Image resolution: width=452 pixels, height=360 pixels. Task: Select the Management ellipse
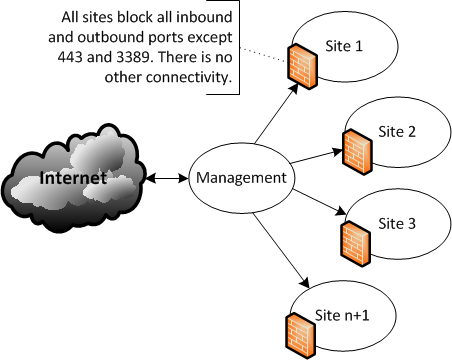[239, 180]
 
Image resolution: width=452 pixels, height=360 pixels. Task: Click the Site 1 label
[346, 47]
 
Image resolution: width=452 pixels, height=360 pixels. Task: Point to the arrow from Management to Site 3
[316, 200]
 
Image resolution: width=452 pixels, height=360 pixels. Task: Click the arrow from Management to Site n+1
[276, 249]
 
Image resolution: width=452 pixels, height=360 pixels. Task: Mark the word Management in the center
[239, 179]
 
